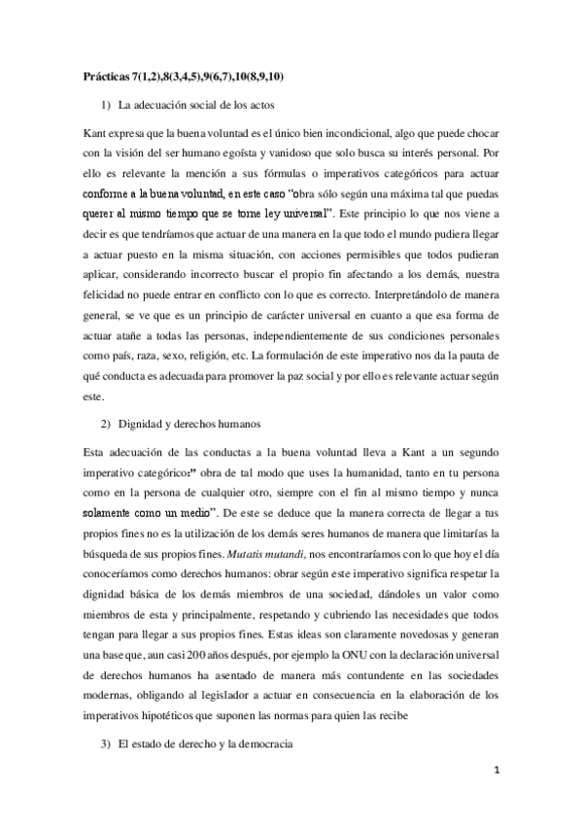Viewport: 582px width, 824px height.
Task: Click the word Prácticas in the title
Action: [105, 75]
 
